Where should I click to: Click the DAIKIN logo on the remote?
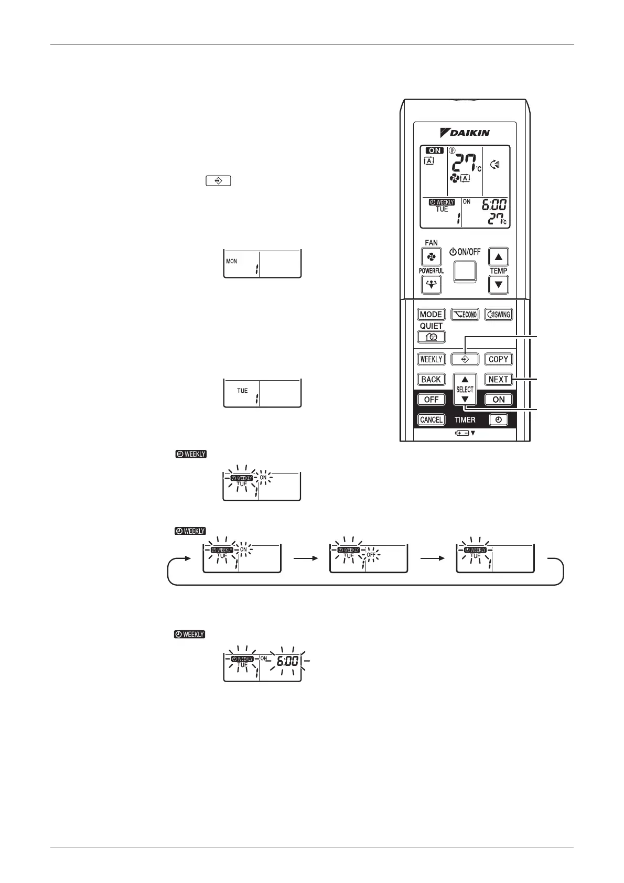[466, 133]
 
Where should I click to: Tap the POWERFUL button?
[431, 285]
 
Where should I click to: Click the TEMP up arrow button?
[498, 257]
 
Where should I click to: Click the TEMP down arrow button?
[498, 285]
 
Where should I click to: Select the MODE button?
[431, 315]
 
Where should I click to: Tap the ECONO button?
[465, 315]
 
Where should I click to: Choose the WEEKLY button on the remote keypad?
[431, 359]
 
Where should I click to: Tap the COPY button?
[498, 359]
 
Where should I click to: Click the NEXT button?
[498, 379]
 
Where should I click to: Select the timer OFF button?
[431, 400]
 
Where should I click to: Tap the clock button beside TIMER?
[498, 419]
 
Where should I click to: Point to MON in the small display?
[231, 261]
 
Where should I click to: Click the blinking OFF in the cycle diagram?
[371, 554]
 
